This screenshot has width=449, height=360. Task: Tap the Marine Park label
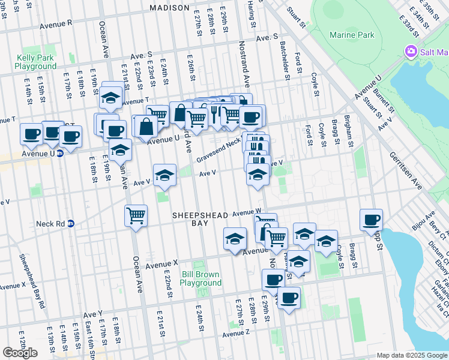click(x=351, y=35)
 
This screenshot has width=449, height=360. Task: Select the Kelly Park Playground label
click(x=37, y=62)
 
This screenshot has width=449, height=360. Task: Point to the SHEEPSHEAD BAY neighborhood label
click(x=199, y=218)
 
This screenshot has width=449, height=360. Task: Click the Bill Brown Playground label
click(x=201, y=278)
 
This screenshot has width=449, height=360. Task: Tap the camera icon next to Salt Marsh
click(x=411, y=51)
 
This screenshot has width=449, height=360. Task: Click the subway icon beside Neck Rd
click(x=70, y=223)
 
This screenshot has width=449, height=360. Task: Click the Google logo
click(x=20, y=353)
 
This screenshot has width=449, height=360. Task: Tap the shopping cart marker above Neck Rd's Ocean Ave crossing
click(x=136, y=215)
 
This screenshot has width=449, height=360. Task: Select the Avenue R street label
click(x=56, y=25)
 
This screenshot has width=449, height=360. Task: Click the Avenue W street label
click(x=247, y=212)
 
